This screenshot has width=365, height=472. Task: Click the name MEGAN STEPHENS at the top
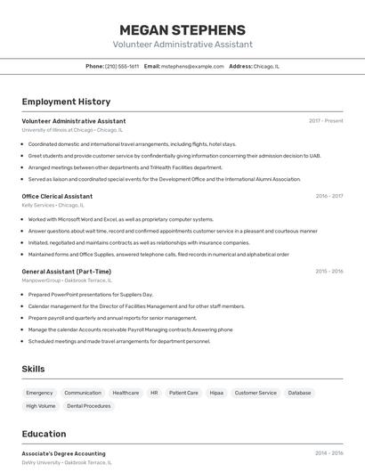click(182, 29)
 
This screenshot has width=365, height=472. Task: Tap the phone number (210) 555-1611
click(122, 66)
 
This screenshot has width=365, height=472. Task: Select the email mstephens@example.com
click(192, 66)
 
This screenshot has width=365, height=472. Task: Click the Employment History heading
click(66, 102)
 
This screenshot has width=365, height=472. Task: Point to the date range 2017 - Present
click(326, 120)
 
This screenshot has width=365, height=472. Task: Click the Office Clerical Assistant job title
click(57, 196)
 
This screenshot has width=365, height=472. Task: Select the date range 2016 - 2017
click(328, 196)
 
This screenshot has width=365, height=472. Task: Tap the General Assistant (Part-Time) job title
click(67, 272)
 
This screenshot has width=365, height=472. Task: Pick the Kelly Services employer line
click(57, 205)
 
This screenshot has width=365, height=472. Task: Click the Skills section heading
click(34, 369)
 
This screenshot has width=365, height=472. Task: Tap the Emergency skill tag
click(39, 393)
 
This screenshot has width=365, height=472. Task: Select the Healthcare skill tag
click(126, 393)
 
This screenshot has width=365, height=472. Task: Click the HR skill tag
click(154, 393)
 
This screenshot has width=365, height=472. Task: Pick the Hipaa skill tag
click(216, 393)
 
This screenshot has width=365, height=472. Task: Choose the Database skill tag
click(299, 393)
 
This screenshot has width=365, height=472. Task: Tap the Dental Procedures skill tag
click(89, 406)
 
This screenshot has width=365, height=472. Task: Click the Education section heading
click(44, 435)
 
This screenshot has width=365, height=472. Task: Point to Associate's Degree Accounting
click(63, 453)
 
